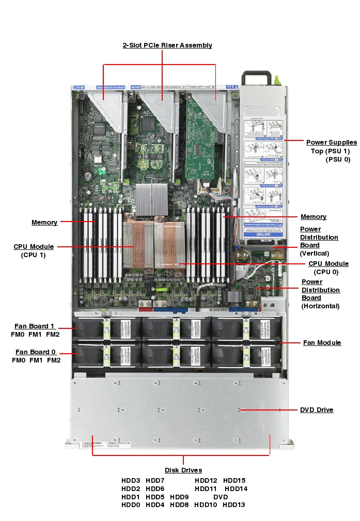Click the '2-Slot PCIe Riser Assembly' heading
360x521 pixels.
[167, 45]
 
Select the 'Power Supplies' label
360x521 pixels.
[331, 143]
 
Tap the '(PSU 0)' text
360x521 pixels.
[338, 160]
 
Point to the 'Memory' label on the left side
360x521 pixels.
[44, 223]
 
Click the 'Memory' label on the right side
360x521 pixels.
[314, 217]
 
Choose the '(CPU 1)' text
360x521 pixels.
[33, 255]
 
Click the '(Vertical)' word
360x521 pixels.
[315, 254]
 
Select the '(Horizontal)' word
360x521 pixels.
[320, 306]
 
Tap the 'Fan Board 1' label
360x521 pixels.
[35, 326]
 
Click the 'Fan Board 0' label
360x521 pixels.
[35, 352]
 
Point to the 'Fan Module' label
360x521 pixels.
[322, 343]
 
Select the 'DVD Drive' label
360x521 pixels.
[317, 410]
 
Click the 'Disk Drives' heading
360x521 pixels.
[183, 470]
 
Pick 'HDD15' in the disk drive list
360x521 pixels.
[234, 481]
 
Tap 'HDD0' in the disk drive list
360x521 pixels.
[131, 505]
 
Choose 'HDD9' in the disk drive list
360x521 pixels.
[179, 497]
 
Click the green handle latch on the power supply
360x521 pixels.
[277, 80]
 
